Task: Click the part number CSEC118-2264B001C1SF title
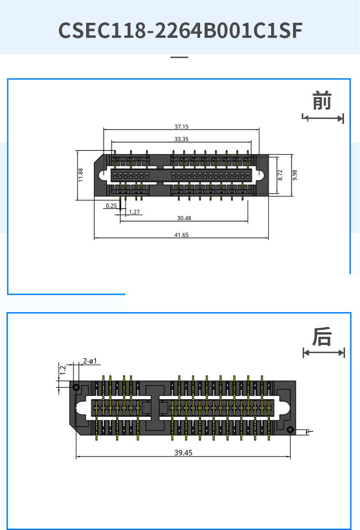tap(180, 31)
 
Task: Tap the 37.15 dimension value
tap(181, 126)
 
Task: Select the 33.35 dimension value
tap(181, 139)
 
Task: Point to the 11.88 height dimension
tap(81, 175)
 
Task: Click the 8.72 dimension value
tap(280, 175)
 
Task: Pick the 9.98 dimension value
tap(294, 175)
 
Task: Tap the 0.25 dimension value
tap(111, 206)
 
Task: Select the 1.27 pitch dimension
tap(134, 212)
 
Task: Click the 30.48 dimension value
tap(184, 218)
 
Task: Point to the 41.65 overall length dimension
tap(181, 235)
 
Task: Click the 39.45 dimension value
tap(183, 453)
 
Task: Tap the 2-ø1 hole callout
tap(90, 361)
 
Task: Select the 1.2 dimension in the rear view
tap(63, 370)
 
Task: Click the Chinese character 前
tap(322, 101)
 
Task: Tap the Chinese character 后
tap(322, 337)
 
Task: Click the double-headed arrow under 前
tap(323, 118)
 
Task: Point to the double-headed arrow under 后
tap(324, 353)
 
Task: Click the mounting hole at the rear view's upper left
tap(76, 388)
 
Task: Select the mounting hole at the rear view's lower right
tap(290, 429)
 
